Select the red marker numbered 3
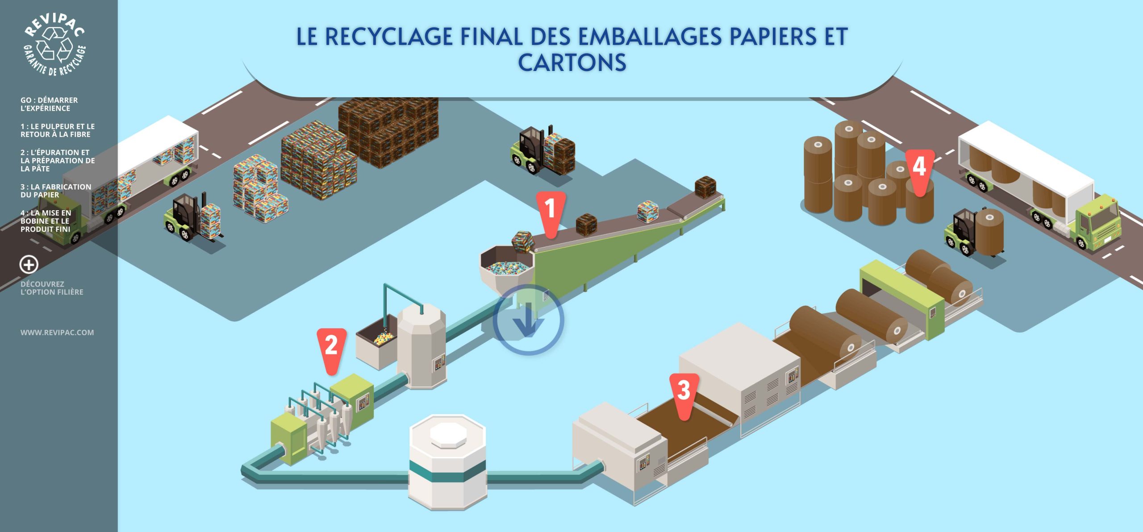[684, 391]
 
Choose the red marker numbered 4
[919, 167]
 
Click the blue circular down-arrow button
[528, 320]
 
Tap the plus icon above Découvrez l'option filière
[29, 265]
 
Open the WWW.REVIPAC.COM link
[57, 332]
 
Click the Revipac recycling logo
[54, 45]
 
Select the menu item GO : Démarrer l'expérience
[49, 104]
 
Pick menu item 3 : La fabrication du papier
[56, 191]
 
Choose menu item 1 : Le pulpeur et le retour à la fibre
[58, 130]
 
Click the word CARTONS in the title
[572, 62]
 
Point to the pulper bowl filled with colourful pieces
[507, 266]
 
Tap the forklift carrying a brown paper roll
[976, 232]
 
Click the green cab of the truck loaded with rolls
[1098, 223]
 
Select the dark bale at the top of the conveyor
[705, 187]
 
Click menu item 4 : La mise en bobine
[46, 221]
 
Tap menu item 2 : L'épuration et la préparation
[58, 161]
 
